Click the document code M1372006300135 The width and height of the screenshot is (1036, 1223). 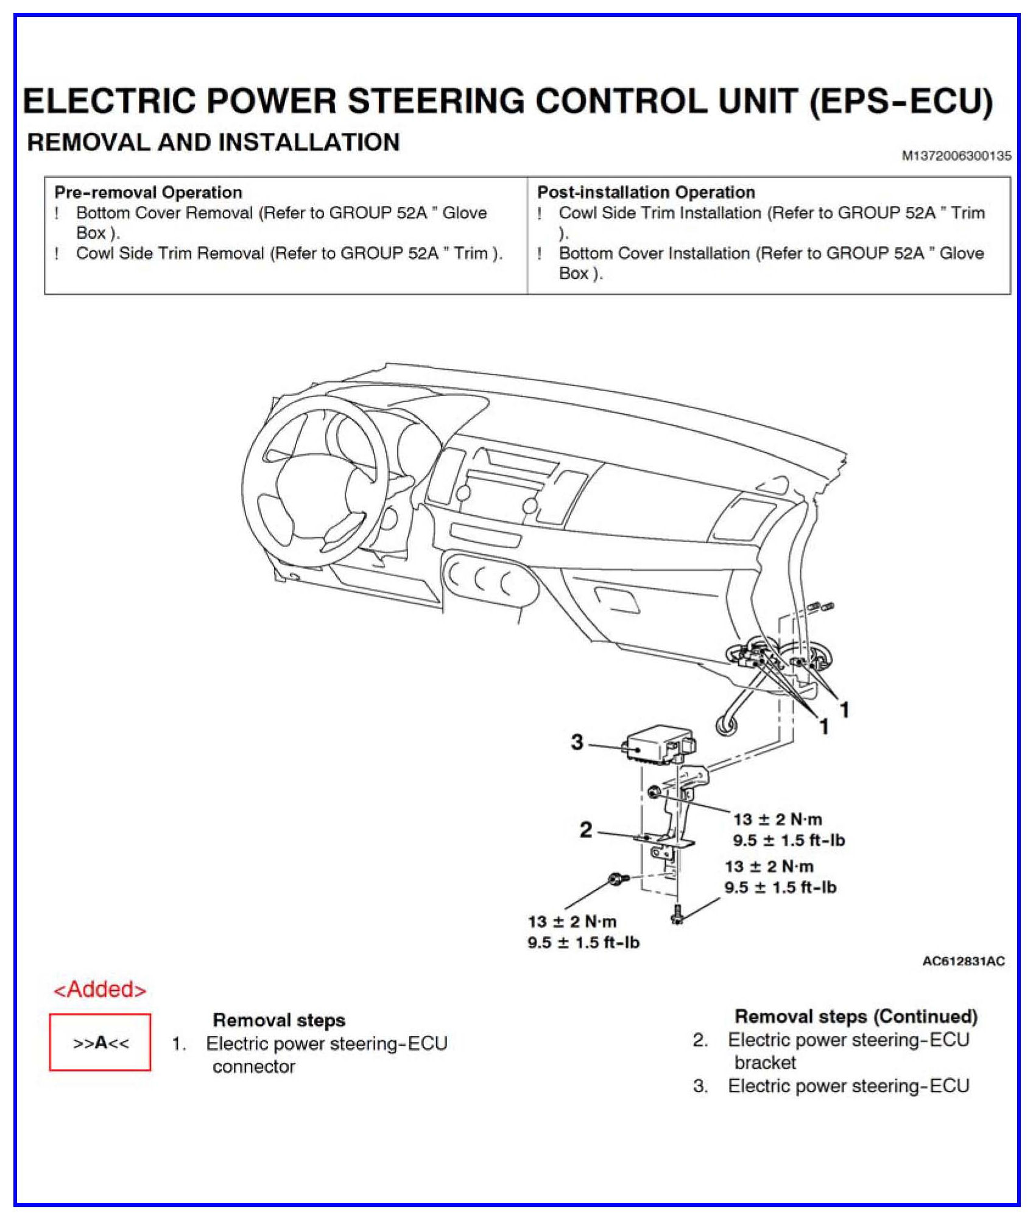point(956,156)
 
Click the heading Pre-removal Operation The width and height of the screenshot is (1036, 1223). point(148,192)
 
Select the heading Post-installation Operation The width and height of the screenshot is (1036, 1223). point(646,192)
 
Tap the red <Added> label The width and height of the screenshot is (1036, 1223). point(100,990)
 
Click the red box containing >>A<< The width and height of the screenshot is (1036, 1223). point(100,1043)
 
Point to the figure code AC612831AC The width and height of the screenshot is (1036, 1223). point(964,961)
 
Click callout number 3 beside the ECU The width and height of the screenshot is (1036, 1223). point(577,742)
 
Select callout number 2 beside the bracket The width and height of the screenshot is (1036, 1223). point(585,830)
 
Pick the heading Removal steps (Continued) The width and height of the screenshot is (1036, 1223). point(856,1016)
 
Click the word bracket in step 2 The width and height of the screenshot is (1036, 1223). point(765,1063)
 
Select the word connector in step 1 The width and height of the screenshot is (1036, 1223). point(253,1066)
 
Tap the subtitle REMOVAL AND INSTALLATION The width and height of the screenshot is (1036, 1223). point(213,143)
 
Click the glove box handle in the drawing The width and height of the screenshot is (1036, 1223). point(616,599)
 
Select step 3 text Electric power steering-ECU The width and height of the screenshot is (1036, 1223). point(848,1086)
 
